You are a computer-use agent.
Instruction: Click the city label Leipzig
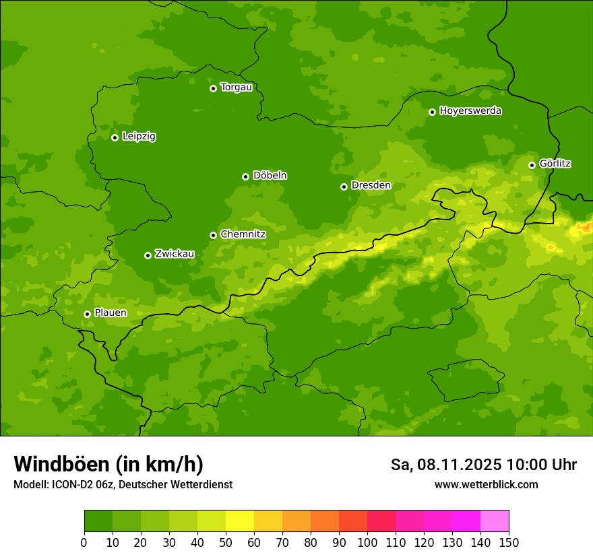pyautogui.click(x=139, y=136)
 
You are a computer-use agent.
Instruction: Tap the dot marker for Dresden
pyautogui.click(x=344, y=187)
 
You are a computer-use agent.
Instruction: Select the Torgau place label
pyautogui.click(x=236, y=87)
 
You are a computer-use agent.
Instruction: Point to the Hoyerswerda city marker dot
pyautogui.click(x=432, y=112)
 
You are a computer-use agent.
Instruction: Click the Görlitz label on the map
pyautogui.click(x=555, y=164)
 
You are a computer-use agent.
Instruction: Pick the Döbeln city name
pyautogui.click(x=270, y=175)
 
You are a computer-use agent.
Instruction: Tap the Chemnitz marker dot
pyautogui.click(x=213, y=235)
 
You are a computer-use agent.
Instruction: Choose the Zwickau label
pyautogui.click(x=175, y=254)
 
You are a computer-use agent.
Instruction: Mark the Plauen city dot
pyautogui.click(x=87, y=314)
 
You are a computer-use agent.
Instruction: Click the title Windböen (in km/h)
pyautogui.click(x=108, y=464)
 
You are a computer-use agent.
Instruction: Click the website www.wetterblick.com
pyautogui.click(x=486, y=485)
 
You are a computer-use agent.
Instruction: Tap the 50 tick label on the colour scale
pyautogui.click(x=225, y=542)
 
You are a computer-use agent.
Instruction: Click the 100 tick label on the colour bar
pyautogui.click(x=367, y=542)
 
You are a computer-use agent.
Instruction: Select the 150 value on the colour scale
pyautogui.click(x=509, y=542)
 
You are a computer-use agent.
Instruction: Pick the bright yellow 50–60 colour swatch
pyautogui.click(x=239, y=521)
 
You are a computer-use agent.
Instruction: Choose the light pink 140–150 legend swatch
pyautogui.click(x=494, y=521)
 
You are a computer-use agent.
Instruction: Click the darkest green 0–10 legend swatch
pyautogui.click(x=98, y=521)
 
